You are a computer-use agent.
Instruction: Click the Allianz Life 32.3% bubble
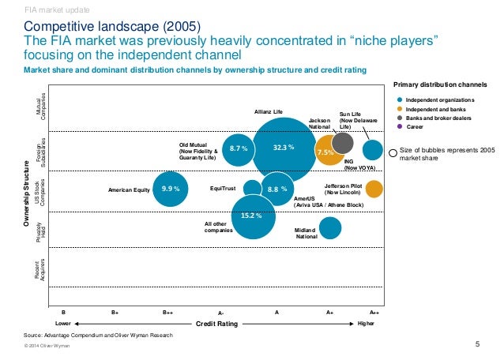tap(284, 148)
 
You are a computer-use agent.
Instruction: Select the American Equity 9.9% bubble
tap(170, 189)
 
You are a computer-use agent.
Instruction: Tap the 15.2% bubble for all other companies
tap(252, 216)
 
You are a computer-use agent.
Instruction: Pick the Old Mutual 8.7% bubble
tap(238, 148)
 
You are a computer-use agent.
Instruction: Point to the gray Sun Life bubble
tap(343, 142)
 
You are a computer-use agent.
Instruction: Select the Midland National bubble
tap(330, 228)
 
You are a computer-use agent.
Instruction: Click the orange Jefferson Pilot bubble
tap(374, 189)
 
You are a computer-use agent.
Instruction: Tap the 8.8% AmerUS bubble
tap(276, 189)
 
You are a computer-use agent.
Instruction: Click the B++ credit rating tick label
tap(168, 313)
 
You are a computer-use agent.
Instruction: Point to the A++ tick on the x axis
tap(374, 313)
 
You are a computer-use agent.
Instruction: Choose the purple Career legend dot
tap(400, 126)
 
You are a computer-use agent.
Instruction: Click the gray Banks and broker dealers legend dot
tap(400, 118)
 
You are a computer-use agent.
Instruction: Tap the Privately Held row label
tap(44, 230)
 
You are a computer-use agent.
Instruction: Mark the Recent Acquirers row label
tap(44, 270)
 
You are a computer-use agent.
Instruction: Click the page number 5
tap(477, 343)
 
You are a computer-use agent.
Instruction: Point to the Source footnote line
tap(98, 336)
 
